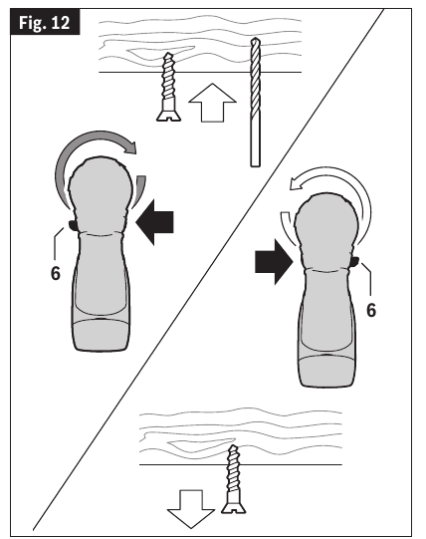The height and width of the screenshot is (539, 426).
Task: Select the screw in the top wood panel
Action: click(167, 85)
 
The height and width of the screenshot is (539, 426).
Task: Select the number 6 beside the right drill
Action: click(371, 310)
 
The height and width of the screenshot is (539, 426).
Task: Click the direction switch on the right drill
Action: click(355, 263)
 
